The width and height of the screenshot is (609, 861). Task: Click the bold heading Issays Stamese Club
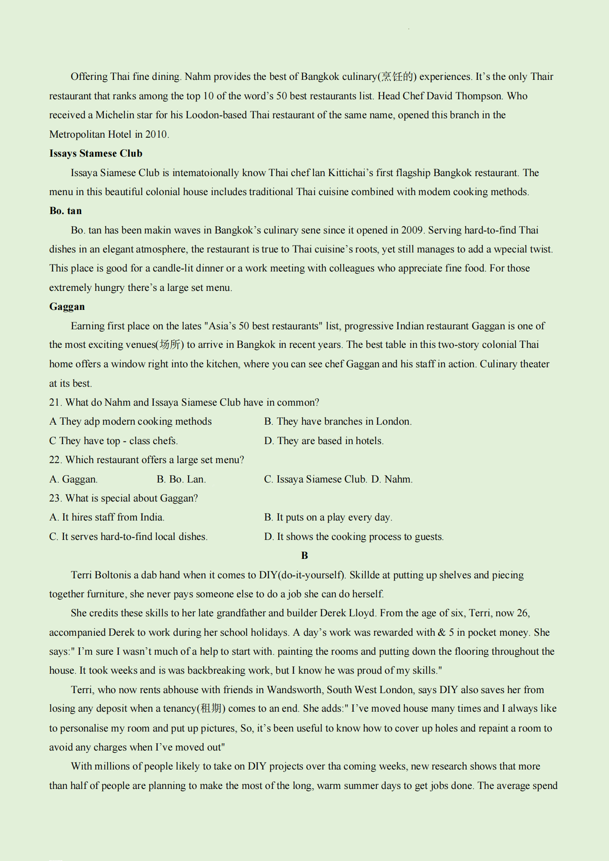point(95,154)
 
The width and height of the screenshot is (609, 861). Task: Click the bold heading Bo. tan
point(65,211)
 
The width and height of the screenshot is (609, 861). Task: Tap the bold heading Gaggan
point(67,307)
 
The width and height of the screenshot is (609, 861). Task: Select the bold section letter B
point(304,556)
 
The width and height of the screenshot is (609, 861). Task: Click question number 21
point(55,403)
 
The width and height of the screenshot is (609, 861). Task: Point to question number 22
point(55,460)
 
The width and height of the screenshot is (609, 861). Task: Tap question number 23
point(55,498)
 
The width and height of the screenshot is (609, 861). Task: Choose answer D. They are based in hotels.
point(324,441)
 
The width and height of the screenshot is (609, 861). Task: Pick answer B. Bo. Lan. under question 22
point(181,479)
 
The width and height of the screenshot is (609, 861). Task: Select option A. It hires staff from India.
point(107,517)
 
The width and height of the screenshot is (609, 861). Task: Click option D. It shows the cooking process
point(354,537)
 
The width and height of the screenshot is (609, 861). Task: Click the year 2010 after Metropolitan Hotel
point(156,135)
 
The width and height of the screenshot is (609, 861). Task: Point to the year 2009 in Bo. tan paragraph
point(412,230)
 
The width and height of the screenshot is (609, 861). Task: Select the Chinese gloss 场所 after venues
point(170,345)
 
